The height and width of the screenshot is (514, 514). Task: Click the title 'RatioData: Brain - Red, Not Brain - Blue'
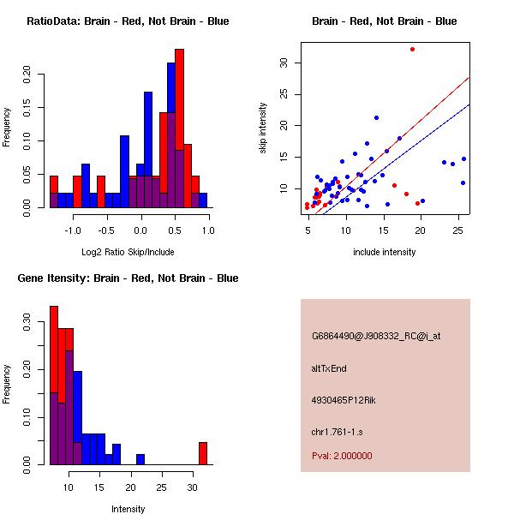(128, 21)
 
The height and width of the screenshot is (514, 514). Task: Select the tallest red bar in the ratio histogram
(179, 128)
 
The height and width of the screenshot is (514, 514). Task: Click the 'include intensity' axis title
(385, 252)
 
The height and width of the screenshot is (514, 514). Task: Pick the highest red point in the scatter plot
(412, 50)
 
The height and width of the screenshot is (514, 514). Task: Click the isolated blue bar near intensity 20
(140, 459)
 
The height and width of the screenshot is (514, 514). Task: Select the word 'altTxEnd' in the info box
(329, 368)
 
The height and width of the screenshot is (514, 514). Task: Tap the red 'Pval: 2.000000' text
(342, 456)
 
